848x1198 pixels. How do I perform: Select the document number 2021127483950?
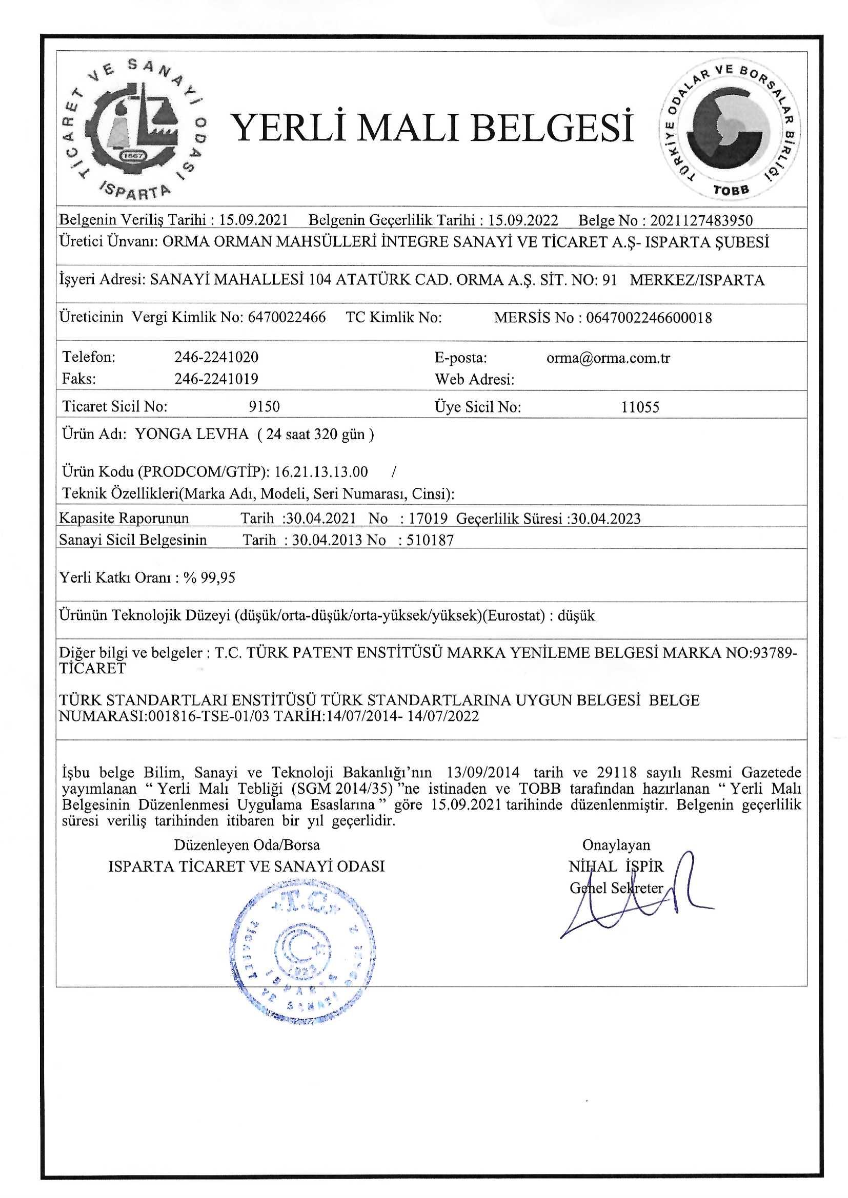tap(701, 220)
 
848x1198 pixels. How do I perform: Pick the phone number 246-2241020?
tap(216, 358)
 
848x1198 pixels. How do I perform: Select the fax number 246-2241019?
tap(216, 379)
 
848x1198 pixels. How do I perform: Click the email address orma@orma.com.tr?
tap(608, 358)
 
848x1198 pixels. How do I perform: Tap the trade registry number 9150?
tap(264, 406)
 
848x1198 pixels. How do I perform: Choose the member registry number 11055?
tap(640, 407)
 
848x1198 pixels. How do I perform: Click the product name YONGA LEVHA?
tap(192, 434)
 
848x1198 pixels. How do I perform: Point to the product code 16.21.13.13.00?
tap(320, 472)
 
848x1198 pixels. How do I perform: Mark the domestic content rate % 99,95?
tap(209, 577)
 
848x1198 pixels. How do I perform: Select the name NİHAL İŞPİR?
tap(616, 866)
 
